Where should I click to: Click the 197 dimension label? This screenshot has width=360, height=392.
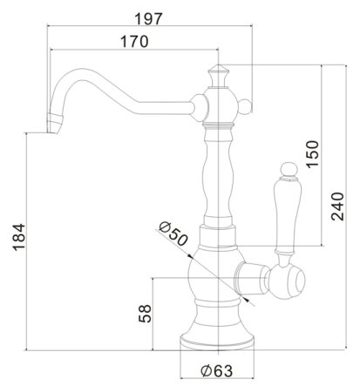tap(148, 19)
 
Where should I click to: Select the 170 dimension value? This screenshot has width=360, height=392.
tap(134, 42)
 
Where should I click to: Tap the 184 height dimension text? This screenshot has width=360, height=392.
tap(19, 237)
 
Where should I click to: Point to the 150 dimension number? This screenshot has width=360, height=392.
tap(312, 154)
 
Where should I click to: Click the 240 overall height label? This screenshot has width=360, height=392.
tap(337, 206)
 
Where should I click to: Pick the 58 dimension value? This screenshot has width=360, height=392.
tap(146, 314)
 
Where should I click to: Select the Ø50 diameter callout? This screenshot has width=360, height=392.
tap(173, 233)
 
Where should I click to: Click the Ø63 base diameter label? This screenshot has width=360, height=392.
tap(217, 370)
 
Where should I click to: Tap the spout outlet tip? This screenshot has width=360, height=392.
tap(54, 124)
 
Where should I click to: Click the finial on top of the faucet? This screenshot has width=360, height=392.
tap(218, 76)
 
